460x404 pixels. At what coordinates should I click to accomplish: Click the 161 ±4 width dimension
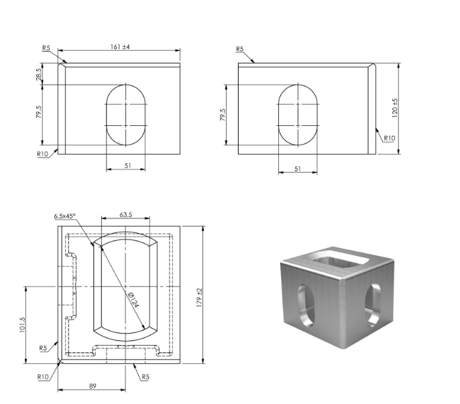pyautogui.click(x=120, y=47)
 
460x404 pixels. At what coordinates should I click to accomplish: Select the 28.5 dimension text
pyautogui.click(x=39, y=74)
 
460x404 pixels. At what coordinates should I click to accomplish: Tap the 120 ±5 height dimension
pyautogui.click(x=395, y=108)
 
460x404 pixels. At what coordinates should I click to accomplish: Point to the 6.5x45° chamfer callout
pyautogui.click(x=64, y=216)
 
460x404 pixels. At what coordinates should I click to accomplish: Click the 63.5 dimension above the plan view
pyautogui.click(x=125, y=214)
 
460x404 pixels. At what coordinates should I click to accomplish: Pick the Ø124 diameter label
pyautogui.click(x=133, y=299)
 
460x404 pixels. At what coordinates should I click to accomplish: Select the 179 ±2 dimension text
pyautogui.click(x=200, y=297)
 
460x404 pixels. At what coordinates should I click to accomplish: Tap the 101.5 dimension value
pyautogui.click(x=23, y=325)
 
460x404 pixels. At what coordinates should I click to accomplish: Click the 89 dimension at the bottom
pyautogui.click(x=93, y=386)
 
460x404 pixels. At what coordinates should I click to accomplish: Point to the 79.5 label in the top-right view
pyautogui.click(x=223, y=115)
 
